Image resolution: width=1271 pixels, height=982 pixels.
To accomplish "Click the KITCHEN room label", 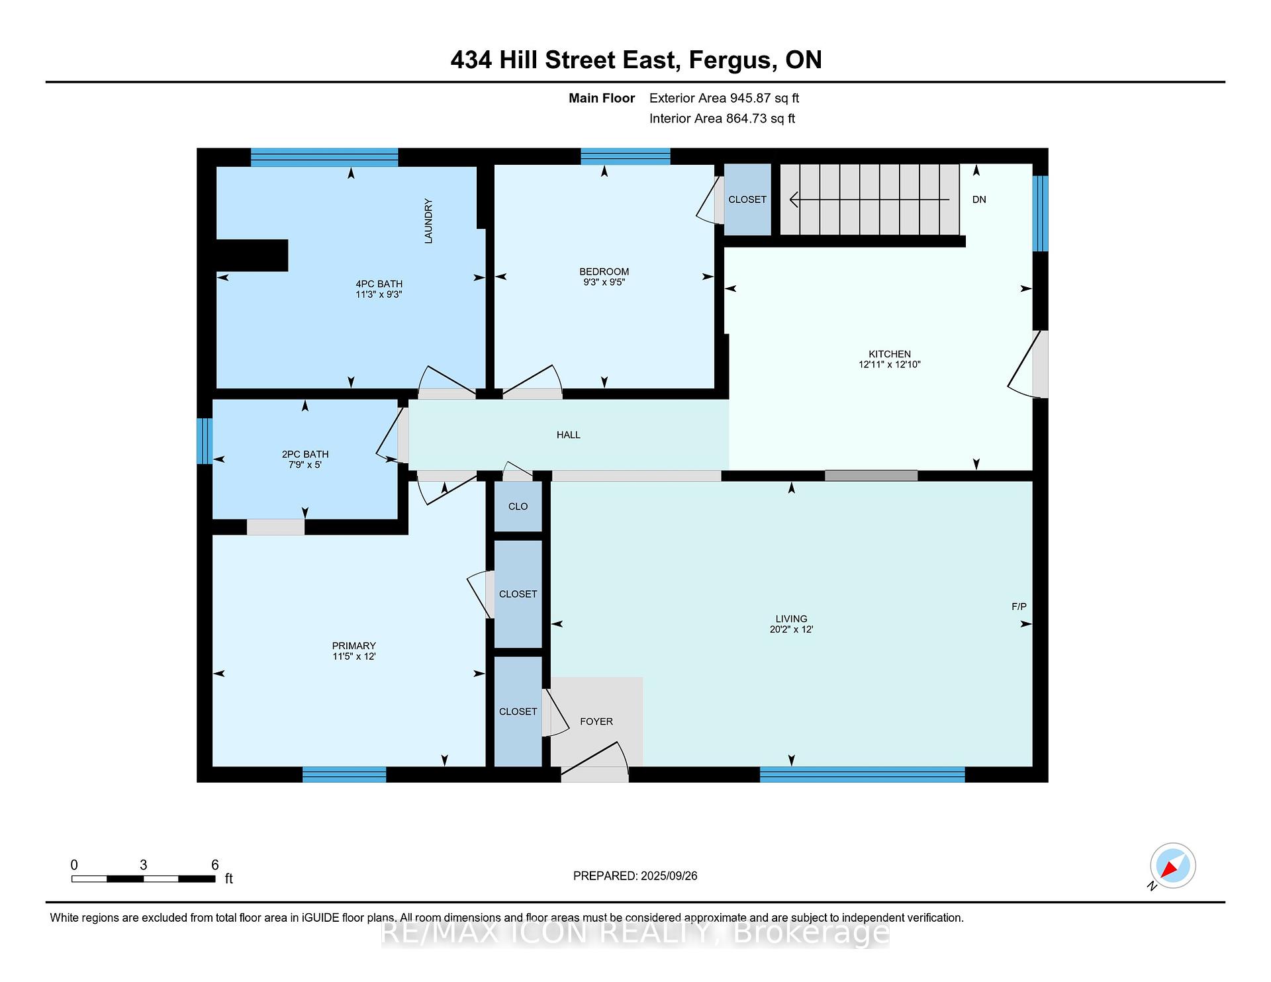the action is click(x=890, y=354).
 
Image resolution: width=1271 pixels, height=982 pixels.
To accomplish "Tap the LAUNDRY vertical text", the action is click(x=428, y=221).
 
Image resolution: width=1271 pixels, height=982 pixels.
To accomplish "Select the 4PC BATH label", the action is click(x=379, y=284).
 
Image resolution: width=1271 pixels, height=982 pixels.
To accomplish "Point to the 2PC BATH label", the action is click(x=305, y=454).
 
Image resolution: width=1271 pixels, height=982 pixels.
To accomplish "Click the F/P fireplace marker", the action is click(x=1019, y=606).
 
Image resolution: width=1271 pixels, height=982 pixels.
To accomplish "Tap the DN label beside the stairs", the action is click(x=979, y=199).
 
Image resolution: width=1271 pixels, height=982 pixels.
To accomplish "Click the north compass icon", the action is click(x=1172, y=866).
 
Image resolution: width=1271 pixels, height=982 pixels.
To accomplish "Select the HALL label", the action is click(x=568, y=435).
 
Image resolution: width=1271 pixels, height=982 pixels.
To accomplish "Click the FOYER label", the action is click(x=596, y=721).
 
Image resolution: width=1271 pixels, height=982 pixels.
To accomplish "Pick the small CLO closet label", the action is click(x=518, y=506).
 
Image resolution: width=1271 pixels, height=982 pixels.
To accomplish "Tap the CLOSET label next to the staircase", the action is click(x=747, y=199).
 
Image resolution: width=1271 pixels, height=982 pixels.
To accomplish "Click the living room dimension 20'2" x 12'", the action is click(x=791, y=629).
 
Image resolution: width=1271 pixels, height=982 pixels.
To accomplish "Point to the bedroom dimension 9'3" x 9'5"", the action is click(x=604, y=282).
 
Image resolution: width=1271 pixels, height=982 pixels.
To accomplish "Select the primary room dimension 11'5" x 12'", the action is click(x=354, y=656).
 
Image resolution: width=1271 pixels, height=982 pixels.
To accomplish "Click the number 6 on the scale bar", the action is click(x=214, y=865).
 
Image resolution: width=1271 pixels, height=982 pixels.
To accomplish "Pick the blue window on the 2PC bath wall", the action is click(x=205, y=441).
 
